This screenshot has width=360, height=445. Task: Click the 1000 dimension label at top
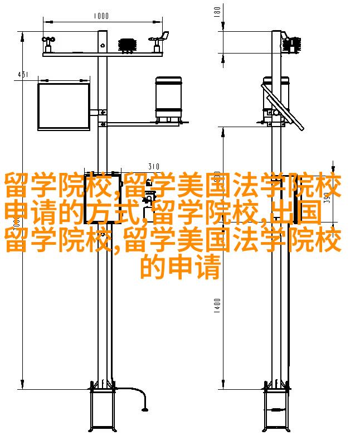click(x=101, y=15)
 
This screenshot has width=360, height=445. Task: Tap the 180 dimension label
click(x=217, y=12)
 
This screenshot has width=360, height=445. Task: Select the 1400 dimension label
click(x=217, y=306)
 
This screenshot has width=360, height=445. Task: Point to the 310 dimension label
click(x=153, y=166)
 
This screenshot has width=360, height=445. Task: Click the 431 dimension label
click(x=23, y=75)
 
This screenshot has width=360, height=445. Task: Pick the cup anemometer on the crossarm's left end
click(x=48, y=43)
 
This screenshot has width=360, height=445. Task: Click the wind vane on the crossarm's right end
click(x=159, y=41)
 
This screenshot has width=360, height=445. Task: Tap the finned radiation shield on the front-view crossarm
click(x=128, y=46)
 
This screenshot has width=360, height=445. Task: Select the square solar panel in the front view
click(x=64, y=107)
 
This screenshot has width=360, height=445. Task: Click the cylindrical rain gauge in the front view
click(x=168, y=99)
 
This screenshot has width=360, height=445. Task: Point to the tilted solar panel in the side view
click(x=283, y=107)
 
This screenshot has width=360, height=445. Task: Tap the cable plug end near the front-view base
click(x=145, y=409)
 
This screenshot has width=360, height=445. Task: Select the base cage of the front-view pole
click(x=103, y=408)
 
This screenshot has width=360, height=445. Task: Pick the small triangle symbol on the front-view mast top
click(x=103, y=45)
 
